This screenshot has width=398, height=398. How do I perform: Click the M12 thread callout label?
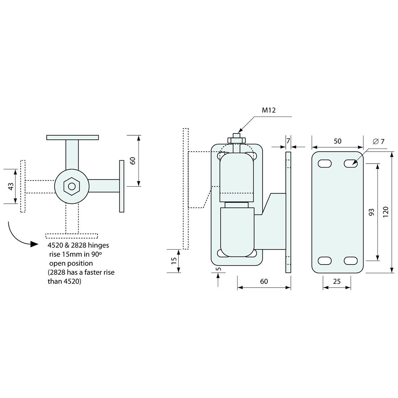click(x=269, y=110)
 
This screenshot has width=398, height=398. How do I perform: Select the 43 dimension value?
click(x=11, y=186)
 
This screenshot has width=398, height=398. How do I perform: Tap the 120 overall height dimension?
click(x=385, y=212)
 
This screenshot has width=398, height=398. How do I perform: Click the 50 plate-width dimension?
click(x=337, y=141)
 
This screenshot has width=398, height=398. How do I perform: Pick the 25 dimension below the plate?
click(x=336, y=281)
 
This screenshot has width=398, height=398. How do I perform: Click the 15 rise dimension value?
click(x=174, y=261)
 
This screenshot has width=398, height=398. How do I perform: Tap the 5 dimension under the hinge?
click(x=218, y=269)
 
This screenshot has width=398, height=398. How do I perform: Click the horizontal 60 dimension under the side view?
click(x=264, y=281)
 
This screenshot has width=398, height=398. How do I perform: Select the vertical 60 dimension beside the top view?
click(x=133, y=161)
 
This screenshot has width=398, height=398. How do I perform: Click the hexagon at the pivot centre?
click(x=72, y=186)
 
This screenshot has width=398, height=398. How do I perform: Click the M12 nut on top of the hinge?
click(x=236, y=140)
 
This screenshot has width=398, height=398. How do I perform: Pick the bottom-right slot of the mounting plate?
click(x=351, y=261)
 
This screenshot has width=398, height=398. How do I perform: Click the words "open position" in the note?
click(x=71, y=263)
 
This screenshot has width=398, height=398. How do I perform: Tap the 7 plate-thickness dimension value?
click(x=288, y=141)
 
